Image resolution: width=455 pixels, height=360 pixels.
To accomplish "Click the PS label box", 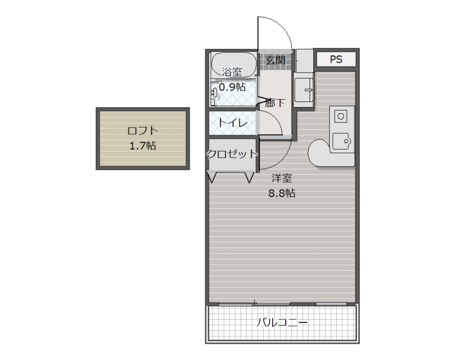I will pos(336,59).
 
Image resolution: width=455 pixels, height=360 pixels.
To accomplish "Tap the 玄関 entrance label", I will pos(275,60).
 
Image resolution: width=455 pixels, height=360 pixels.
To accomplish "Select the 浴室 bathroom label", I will pos(232,72).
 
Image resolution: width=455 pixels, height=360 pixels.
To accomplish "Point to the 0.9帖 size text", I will pos(232,87).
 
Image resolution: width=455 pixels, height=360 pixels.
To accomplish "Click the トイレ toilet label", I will pos(233,123).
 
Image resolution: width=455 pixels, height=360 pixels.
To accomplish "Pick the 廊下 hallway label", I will pos(275,102).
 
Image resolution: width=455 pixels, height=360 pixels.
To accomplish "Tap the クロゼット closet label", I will pos(232,154).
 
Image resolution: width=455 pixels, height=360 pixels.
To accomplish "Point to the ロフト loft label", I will pos(142,131).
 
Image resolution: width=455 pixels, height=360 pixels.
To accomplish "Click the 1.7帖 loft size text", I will pos(143,146).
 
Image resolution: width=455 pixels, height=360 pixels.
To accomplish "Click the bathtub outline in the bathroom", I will pos(233,64).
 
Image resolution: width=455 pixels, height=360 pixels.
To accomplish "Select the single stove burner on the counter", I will pos(341,116).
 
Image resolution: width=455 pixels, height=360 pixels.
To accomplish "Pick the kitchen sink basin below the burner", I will pos(340,140).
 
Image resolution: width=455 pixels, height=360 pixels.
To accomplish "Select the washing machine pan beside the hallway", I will pos(303,89).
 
